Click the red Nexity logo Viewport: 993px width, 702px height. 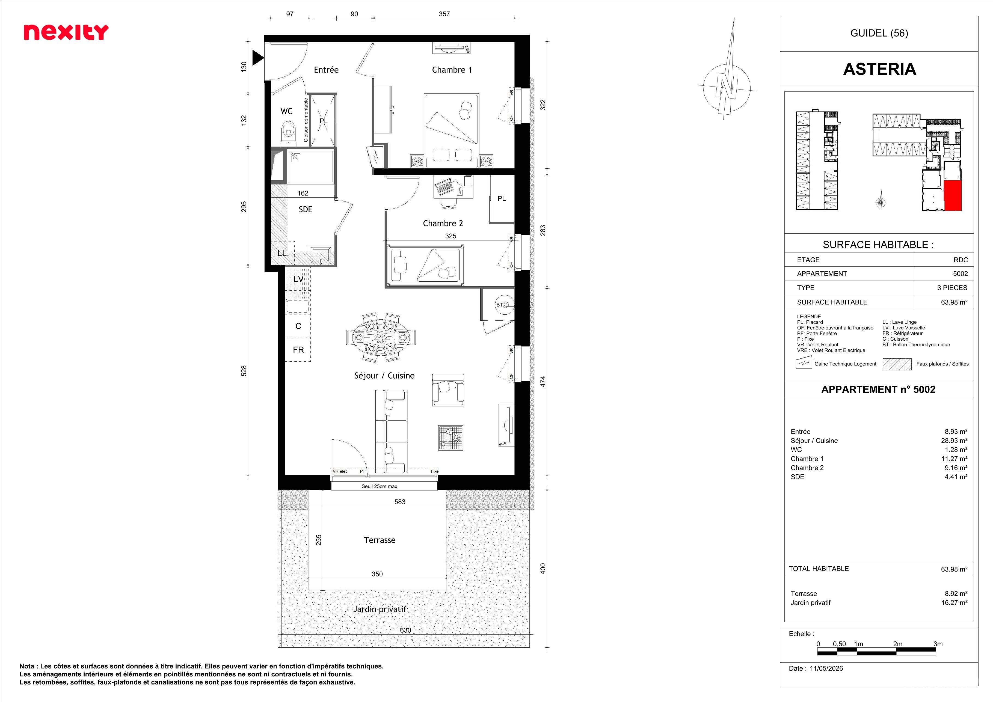[x=66, y=32]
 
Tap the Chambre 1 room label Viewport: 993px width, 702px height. [x=452, y=70]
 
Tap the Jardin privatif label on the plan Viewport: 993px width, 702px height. [x=380, y=609]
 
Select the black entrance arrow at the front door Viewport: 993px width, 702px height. [x=258, y=58]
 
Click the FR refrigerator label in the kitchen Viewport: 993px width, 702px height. [x=298, y=350]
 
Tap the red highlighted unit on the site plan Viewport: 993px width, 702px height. [x=952, y=196]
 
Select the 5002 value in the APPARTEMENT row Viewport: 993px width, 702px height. [x=960, y=274]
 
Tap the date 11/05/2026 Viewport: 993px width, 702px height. [x=826, y=668]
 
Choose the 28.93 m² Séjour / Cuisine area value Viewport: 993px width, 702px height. [x=954, y=441]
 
